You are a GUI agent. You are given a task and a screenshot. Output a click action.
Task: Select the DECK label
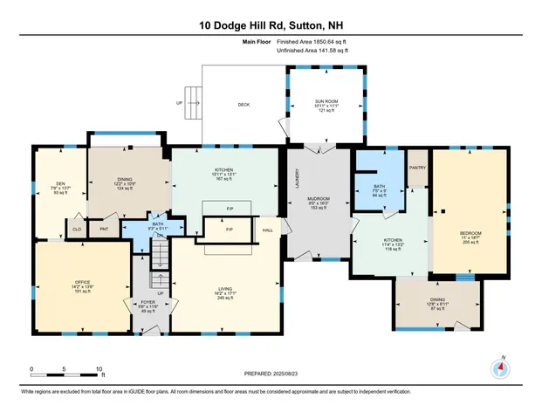[244, 104]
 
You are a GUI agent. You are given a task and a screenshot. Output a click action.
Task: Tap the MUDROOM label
[317, 199]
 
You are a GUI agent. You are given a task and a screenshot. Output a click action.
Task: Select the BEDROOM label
[470, 233]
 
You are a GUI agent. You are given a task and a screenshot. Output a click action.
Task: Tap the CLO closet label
[77, 229]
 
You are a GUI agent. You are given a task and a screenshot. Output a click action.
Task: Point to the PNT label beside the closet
[104, 229]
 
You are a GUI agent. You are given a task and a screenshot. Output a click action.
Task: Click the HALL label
[267, 230]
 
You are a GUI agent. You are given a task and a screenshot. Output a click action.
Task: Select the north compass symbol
[501, 367]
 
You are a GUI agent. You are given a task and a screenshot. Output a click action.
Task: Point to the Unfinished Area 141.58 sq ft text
[312, 52]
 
